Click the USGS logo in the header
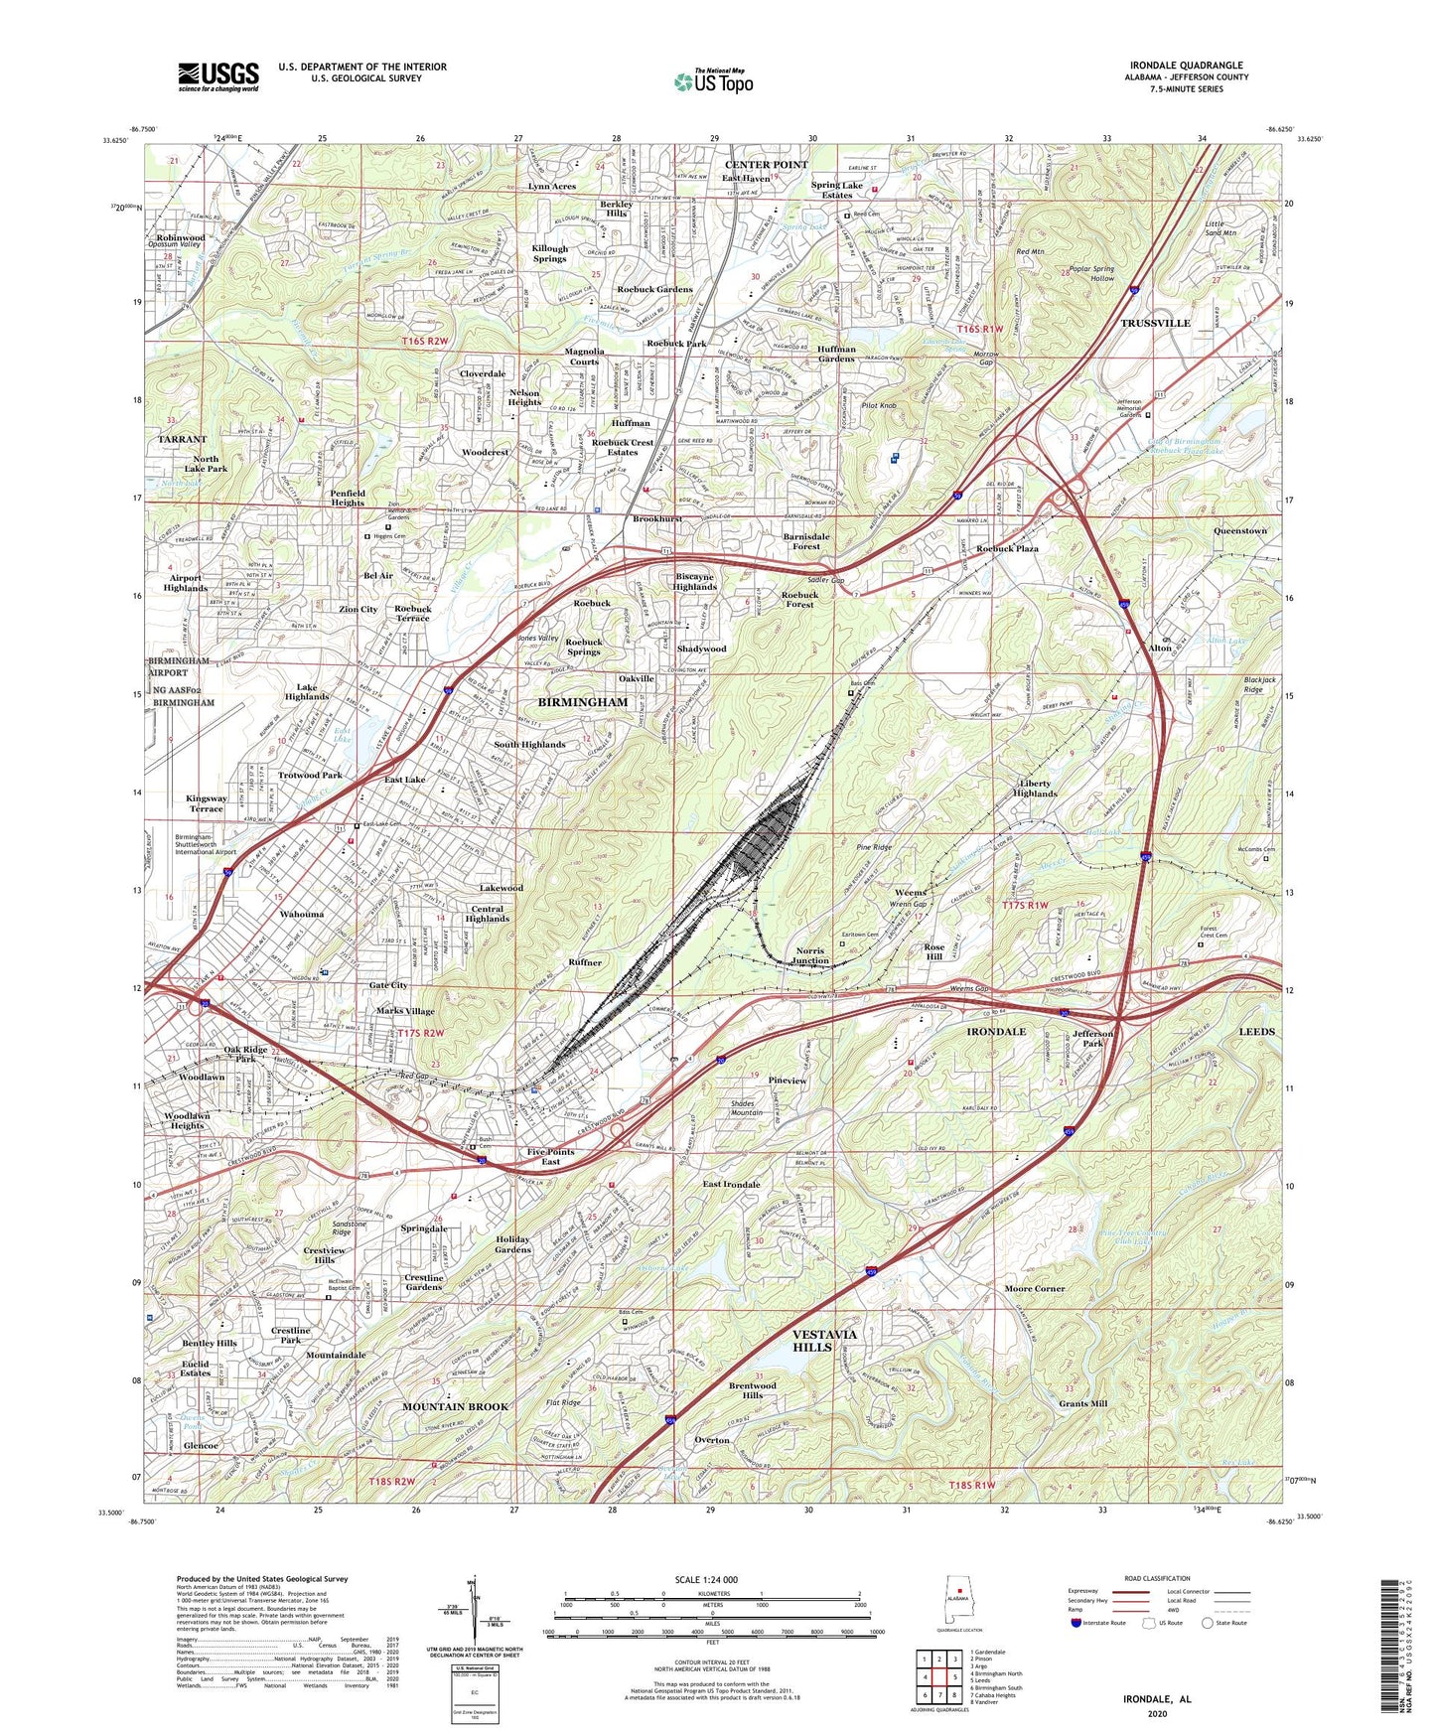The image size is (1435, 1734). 218,75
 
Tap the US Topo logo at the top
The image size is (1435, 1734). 713,81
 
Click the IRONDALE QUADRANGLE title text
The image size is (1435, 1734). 1186,66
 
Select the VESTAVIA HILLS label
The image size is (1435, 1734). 824,1340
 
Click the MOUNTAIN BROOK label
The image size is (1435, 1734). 455,1406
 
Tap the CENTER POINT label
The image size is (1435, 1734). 766,164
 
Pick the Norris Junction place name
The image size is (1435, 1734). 811,955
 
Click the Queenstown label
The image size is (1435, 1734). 1239,531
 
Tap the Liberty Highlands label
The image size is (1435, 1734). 1034,789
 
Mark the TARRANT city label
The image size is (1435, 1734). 182,439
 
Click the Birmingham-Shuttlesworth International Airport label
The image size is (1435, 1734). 206,844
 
